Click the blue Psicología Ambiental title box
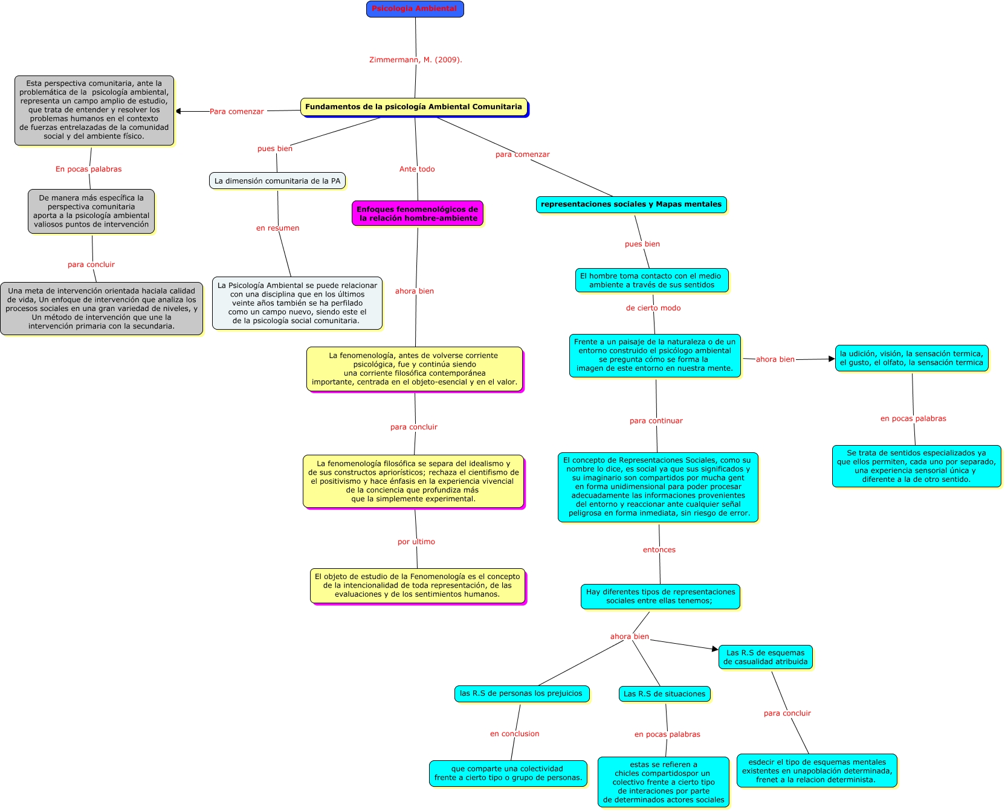tap(415, 9)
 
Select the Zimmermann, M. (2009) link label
tap(415, 60)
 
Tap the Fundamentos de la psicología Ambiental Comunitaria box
tap(413, 107)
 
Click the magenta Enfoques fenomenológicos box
tap(418, 214)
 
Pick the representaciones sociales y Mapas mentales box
tap(631, 205)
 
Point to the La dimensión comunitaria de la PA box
tap(277, 181)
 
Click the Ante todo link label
tap(417, 169)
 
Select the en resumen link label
tap(277, 228)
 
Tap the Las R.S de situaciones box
tap(664, 694)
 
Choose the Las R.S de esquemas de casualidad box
tap(765, 657)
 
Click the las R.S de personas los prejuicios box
tap(521, 694)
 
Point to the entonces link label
tap(659, 550)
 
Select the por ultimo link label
tap(416, 542)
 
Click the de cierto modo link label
tap(653, 308)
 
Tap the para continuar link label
tap(656, 421)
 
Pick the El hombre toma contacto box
tap(651, 280)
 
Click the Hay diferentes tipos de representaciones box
tap(660, 597)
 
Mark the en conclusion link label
tap(515, 734)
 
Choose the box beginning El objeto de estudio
tap(418, 586)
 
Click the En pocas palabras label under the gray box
tap(89, 169)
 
